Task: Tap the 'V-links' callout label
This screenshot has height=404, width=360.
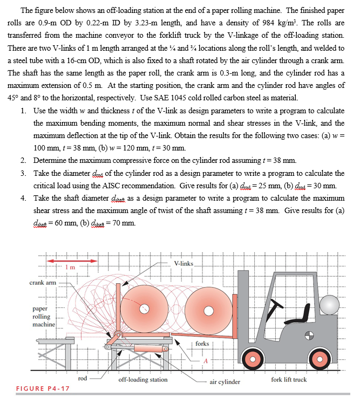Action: tap(184, 263)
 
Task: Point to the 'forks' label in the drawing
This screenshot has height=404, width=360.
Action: tap(202, 343)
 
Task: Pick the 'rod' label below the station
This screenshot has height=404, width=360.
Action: tap(83, 379)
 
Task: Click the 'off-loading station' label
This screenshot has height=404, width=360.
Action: tap(143, 379)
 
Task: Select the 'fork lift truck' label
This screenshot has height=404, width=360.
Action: tap(289, 379)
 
